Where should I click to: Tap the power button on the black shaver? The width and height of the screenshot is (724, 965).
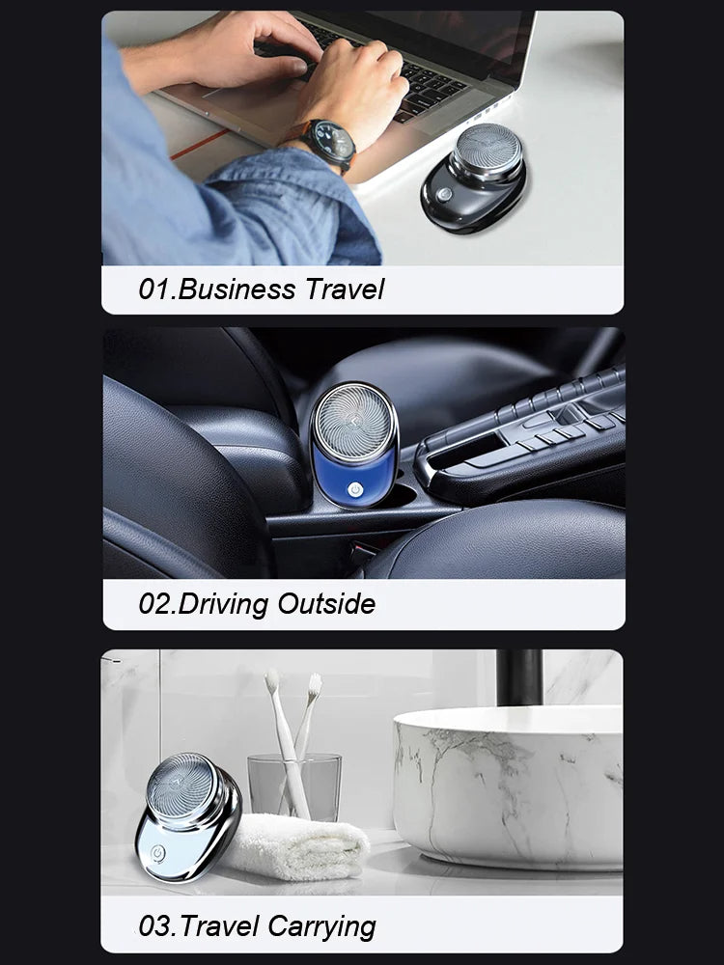(x=443, y=195)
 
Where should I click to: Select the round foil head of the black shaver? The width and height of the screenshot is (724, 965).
(x=488, y=150)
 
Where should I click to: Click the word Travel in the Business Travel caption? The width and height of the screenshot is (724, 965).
(x=346, y=289)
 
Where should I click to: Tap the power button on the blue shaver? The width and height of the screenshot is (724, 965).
(x=354, y=489)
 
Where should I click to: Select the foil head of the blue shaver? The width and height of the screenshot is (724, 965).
(x=354, y=423)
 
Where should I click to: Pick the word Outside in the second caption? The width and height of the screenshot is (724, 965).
(x=326, y=604)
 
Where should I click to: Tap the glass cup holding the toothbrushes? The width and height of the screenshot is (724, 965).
(x=294, y=786)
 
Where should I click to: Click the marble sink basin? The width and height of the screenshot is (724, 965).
(x=508, y=787)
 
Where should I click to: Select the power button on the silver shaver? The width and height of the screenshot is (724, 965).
(x=157, y=853)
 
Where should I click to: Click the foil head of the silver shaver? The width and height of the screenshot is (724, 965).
(x=182, y=786)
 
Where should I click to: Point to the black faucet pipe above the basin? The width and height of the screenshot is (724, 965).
(x=519, y=677)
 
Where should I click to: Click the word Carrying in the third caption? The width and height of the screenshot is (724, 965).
(x=322, y=926)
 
